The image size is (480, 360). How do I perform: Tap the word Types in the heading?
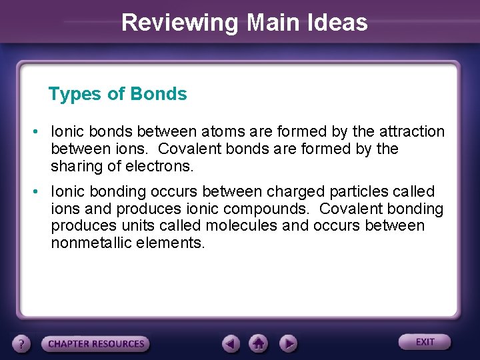(71, 95)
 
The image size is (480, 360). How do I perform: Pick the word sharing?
(76, 165)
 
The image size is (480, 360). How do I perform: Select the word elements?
(172, 243)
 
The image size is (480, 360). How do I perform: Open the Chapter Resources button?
(95, 344)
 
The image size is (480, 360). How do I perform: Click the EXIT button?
(425, 342)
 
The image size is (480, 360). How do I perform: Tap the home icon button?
(259, 343)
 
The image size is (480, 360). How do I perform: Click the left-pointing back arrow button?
(231, 343)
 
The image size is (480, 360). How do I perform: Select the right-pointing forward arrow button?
(287, 343)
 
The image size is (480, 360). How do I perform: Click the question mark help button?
(23, 344)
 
